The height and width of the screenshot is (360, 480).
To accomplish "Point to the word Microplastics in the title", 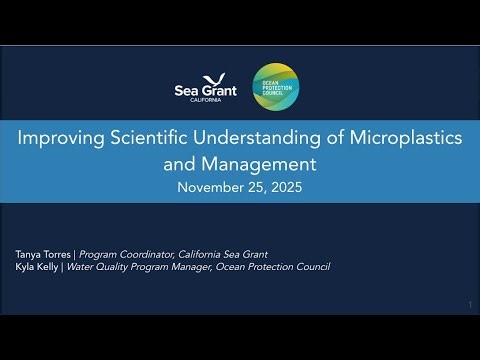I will coord(404,140).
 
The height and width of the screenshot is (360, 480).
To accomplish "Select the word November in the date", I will coord(209,187).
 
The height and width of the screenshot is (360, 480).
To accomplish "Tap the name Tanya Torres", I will coord(42,254).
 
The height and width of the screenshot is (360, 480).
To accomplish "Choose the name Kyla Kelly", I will coord(36,267).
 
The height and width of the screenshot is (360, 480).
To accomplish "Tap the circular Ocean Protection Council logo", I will coord(275,88).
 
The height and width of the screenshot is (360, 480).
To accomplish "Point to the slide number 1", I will coord(469,304).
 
